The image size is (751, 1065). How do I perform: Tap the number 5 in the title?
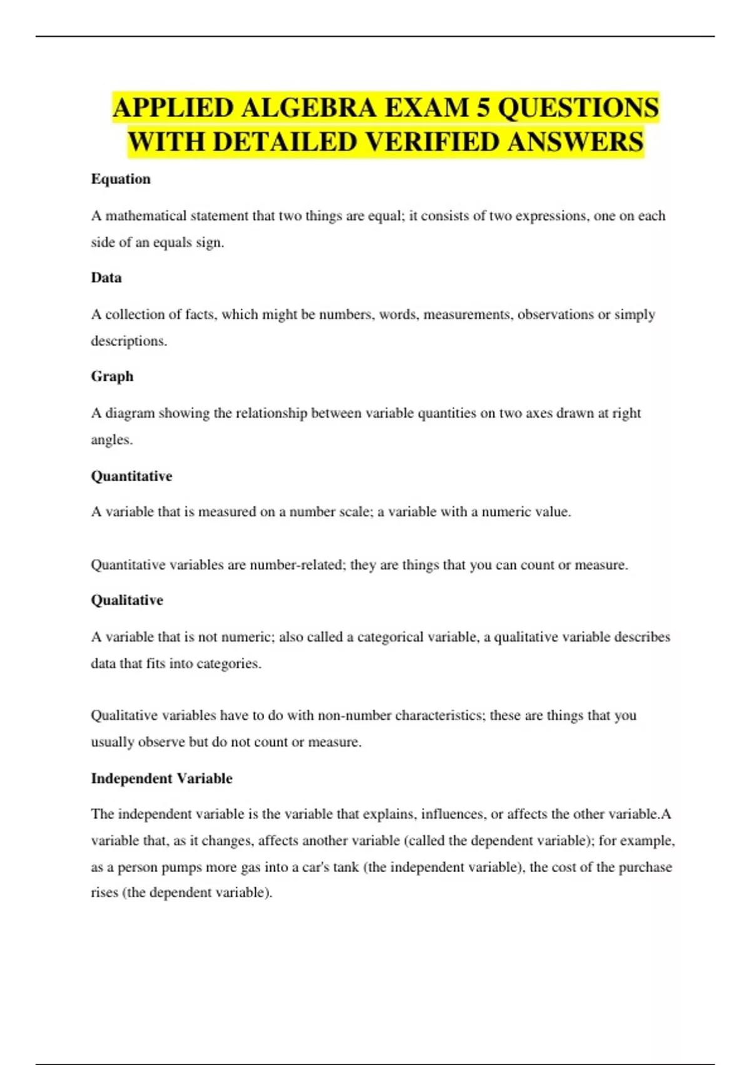pyautogui.click(x=483, y=108)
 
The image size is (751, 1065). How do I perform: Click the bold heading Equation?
pyautogui.click(x=121, y=179)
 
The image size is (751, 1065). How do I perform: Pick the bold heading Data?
pyautogui.click(x=106, y=278)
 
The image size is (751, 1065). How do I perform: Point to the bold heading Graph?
pyautogui.click(x=112, y=377)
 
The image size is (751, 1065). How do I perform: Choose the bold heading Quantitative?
pyautogui.click(x=131, y=476)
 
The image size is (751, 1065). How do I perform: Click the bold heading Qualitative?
pyautogui.click(x=127, y=600)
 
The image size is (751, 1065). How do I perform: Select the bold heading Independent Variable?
pyautogui.click(x=161, y=779)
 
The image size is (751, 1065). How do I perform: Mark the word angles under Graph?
pyautogui.click(x=111, y=440)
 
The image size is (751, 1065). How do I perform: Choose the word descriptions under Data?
pyautogui.click(x=128, y=341)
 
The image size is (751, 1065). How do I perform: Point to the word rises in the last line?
pyautogui.click(x=105, y=893)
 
